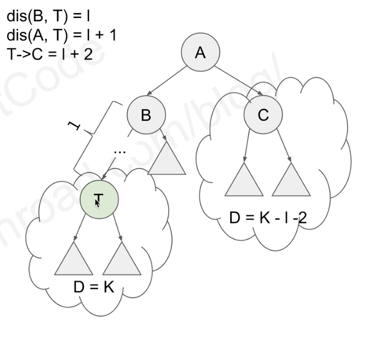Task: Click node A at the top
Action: [200, 53]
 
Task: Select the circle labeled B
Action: [146, 115]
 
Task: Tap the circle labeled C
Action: [263, 115]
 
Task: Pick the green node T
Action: [99, 198]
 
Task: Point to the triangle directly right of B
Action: [167, 159]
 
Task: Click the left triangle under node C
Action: [244, 181]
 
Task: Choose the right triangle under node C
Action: [291, 181]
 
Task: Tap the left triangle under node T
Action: [74, 260]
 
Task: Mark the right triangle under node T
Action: [122, 260]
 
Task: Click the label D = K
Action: [94, 287]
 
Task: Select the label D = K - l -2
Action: [268, 217]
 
